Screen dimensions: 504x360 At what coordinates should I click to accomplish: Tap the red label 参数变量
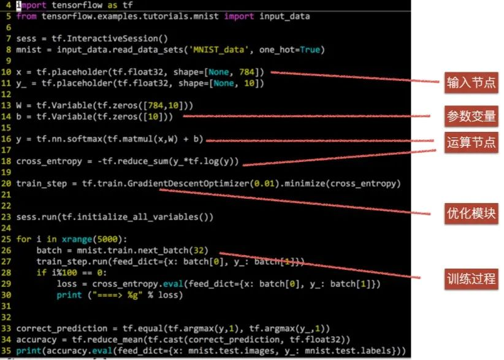471,115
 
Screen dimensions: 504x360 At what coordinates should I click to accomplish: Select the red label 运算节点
471,143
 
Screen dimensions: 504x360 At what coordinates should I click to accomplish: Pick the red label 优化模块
471,213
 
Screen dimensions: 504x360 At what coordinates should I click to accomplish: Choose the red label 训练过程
471,277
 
